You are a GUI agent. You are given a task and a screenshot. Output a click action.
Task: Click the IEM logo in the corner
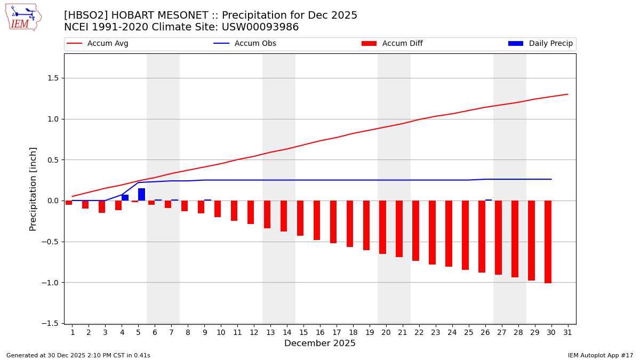click(x=23, y=17)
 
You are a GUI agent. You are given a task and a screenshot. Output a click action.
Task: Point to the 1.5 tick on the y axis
click(x=52, y=78)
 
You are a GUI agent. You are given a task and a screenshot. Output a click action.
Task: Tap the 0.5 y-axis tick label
click(x=52, y=160)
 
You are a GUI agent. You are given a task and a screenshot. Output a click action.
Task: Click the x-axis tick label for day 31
click(x=567, y=332)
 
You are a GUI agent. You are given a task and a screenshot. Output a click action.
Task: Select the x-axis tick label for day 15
click(x=303, y=332)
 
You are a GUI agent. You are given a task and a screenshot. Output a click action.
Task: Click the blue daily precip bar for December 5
click(x=141, y=195)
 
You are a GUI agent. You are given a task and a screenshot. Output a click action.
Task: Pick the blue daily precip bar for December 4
click(x=125, y=198)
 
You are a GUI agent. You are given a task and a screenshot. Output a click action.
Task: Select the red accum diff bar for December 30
click(x=548, y=242)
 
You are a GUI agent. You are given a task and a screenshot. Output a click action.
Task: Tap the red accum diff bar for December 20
click(x=382, y=227)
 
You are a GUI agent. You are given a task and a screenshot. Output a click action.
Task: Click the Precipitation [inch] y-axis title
click(x=33, y=189)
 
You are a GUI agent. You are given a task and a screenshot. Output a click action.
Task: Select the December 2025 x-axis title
click(x=319, y=343)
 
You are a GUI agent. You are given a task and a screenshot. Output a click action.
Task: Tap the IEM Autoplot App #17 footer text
click(x=600, y=355)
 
